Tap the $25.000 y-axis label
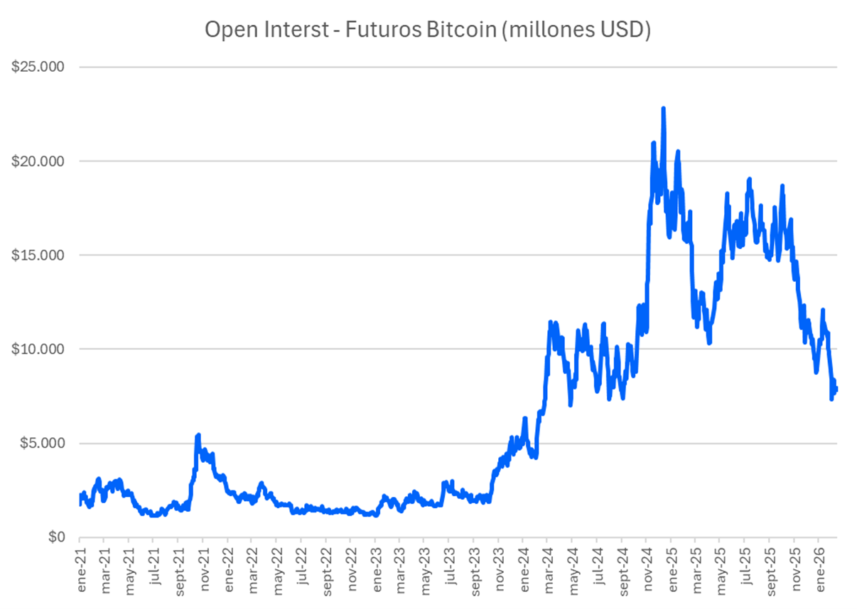tap(38, 67)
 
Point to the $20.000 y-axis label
tap(38, 161)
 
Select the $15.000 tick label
tap(38, 255)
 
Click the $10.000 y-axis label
tap(38, 349)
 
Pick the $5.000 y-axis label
tap(41, 444)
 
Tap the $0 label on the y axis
tap(55, 537)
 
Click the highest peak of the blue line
tap(663, 109)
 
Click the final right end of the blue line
tap(836, 388)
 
